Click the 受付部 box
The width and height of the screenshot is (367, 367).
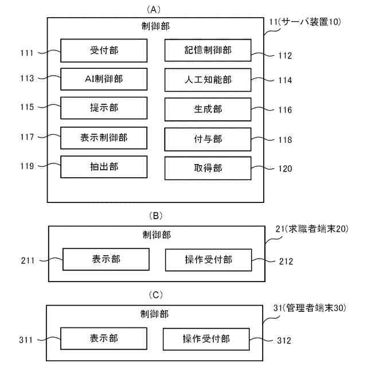[x=104, y=50]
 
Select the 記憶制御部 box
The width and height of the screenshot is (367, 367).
[x=208, y=50]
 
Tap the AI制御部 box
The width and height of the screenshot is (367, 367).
[x=104, y=79]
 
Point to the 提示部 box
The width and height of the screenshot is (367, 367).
[x=104, y=108]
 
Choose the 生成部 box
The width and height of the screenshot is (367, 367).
[x=208, y=109]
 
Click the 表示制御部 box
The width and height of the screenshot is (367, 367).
[x=104, y=138]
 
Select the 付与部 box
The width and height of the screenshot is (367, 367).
[x=208, y=139]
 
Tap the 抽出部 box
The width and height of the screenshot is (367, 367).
[x=104, y=166]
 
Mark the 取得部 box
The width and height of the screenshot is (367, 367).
[x=208, y=168]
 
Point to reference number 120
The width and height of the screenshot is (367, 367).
[x=285, y=169]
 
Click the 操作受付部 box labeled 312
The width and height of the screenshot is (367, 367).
[x=206, y=339]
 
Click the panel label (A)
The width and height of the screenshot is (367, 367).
[x=155, y=9]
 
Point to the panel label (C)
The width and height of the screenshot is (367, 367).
[x=155, y=295]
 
